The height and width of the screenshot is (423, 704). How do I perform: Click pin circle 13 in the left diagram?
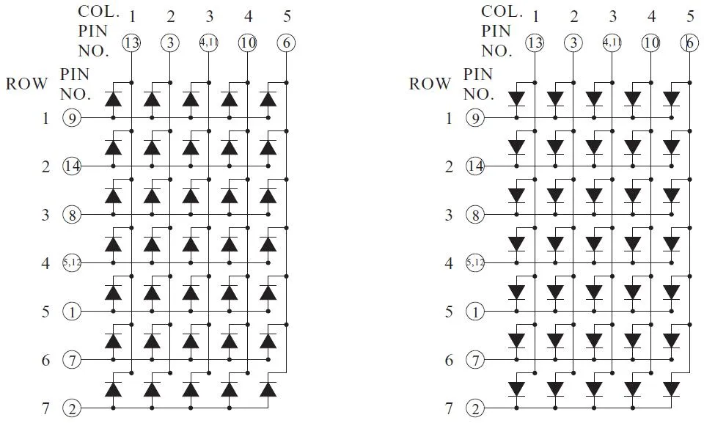131,43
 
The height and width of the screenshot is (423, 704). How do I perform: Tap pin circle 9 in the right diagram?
476,117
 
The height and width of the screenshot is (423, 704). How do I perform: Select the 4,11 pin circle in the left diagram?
209,43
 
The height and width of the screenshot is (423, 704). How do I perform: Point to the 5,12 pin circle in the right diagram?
476,262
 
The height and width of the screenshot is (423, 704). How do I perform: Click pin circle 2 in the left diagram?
72,408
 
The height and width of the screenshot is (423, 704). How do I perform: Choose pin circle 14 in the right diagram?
476,166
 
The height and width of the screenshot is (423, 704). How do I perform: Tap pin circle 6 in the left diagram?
287,43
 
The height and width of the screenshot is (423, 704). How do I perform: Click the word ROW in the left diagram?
28,84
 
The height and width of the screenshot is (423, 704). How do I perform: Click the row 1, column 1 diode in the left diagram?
113,99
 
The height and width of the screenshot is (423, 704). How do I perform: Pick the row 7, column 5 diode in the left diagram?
268,389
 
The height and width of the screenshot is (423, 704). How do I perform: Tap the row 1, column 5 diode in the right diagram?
671,99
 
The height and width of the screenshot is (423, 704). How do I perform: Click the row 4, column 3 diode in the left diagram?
191,244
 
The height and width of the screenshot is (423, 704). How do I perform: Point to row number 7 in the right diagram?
450,408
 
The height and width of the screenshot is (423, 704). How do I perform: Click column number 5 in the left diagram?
287,16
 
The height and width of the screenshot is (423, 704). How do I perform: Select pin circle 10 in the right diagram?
650,43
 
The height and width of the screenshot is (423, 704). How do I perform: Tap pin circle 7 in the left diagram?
72,360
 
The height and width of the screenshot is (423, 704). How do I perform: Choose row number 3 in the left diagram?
45,215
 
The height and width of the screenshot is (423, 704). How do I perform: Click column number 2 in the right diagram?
573,16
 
